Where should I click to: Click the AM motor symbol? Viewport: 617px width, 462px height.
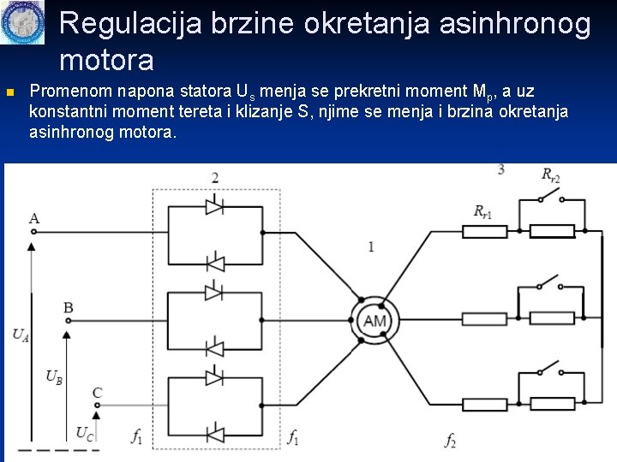point(374,321)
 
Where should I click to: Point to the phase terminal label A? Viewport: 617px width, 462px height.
point(33,218)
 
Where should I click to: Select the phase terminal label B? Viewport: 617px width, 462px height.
point(69,307)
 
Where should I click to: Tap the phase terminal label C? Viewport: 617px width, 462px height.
point(97,393)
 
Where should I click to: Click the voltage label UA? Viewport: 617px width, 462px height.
point(21,336)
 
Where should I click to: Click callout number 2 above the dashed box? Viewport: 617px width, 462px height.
point(214,178)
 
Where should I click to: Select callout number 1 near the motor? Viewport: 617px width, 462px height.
point(370,247)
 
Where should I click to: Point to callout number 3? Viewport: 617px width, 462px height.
point(500,170)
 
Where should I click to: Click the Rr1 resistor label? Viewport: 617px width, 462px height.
point(482,211)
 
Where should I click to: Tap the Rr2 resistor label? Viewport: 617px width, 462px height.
point(550,175)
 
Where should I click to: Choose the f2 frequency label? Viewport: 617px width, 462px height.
point(450,440)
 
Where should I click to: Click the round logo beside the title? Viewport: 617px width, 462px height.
point(22,23)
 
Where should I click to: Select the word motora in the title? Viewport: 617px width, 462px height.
point(107,60)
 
